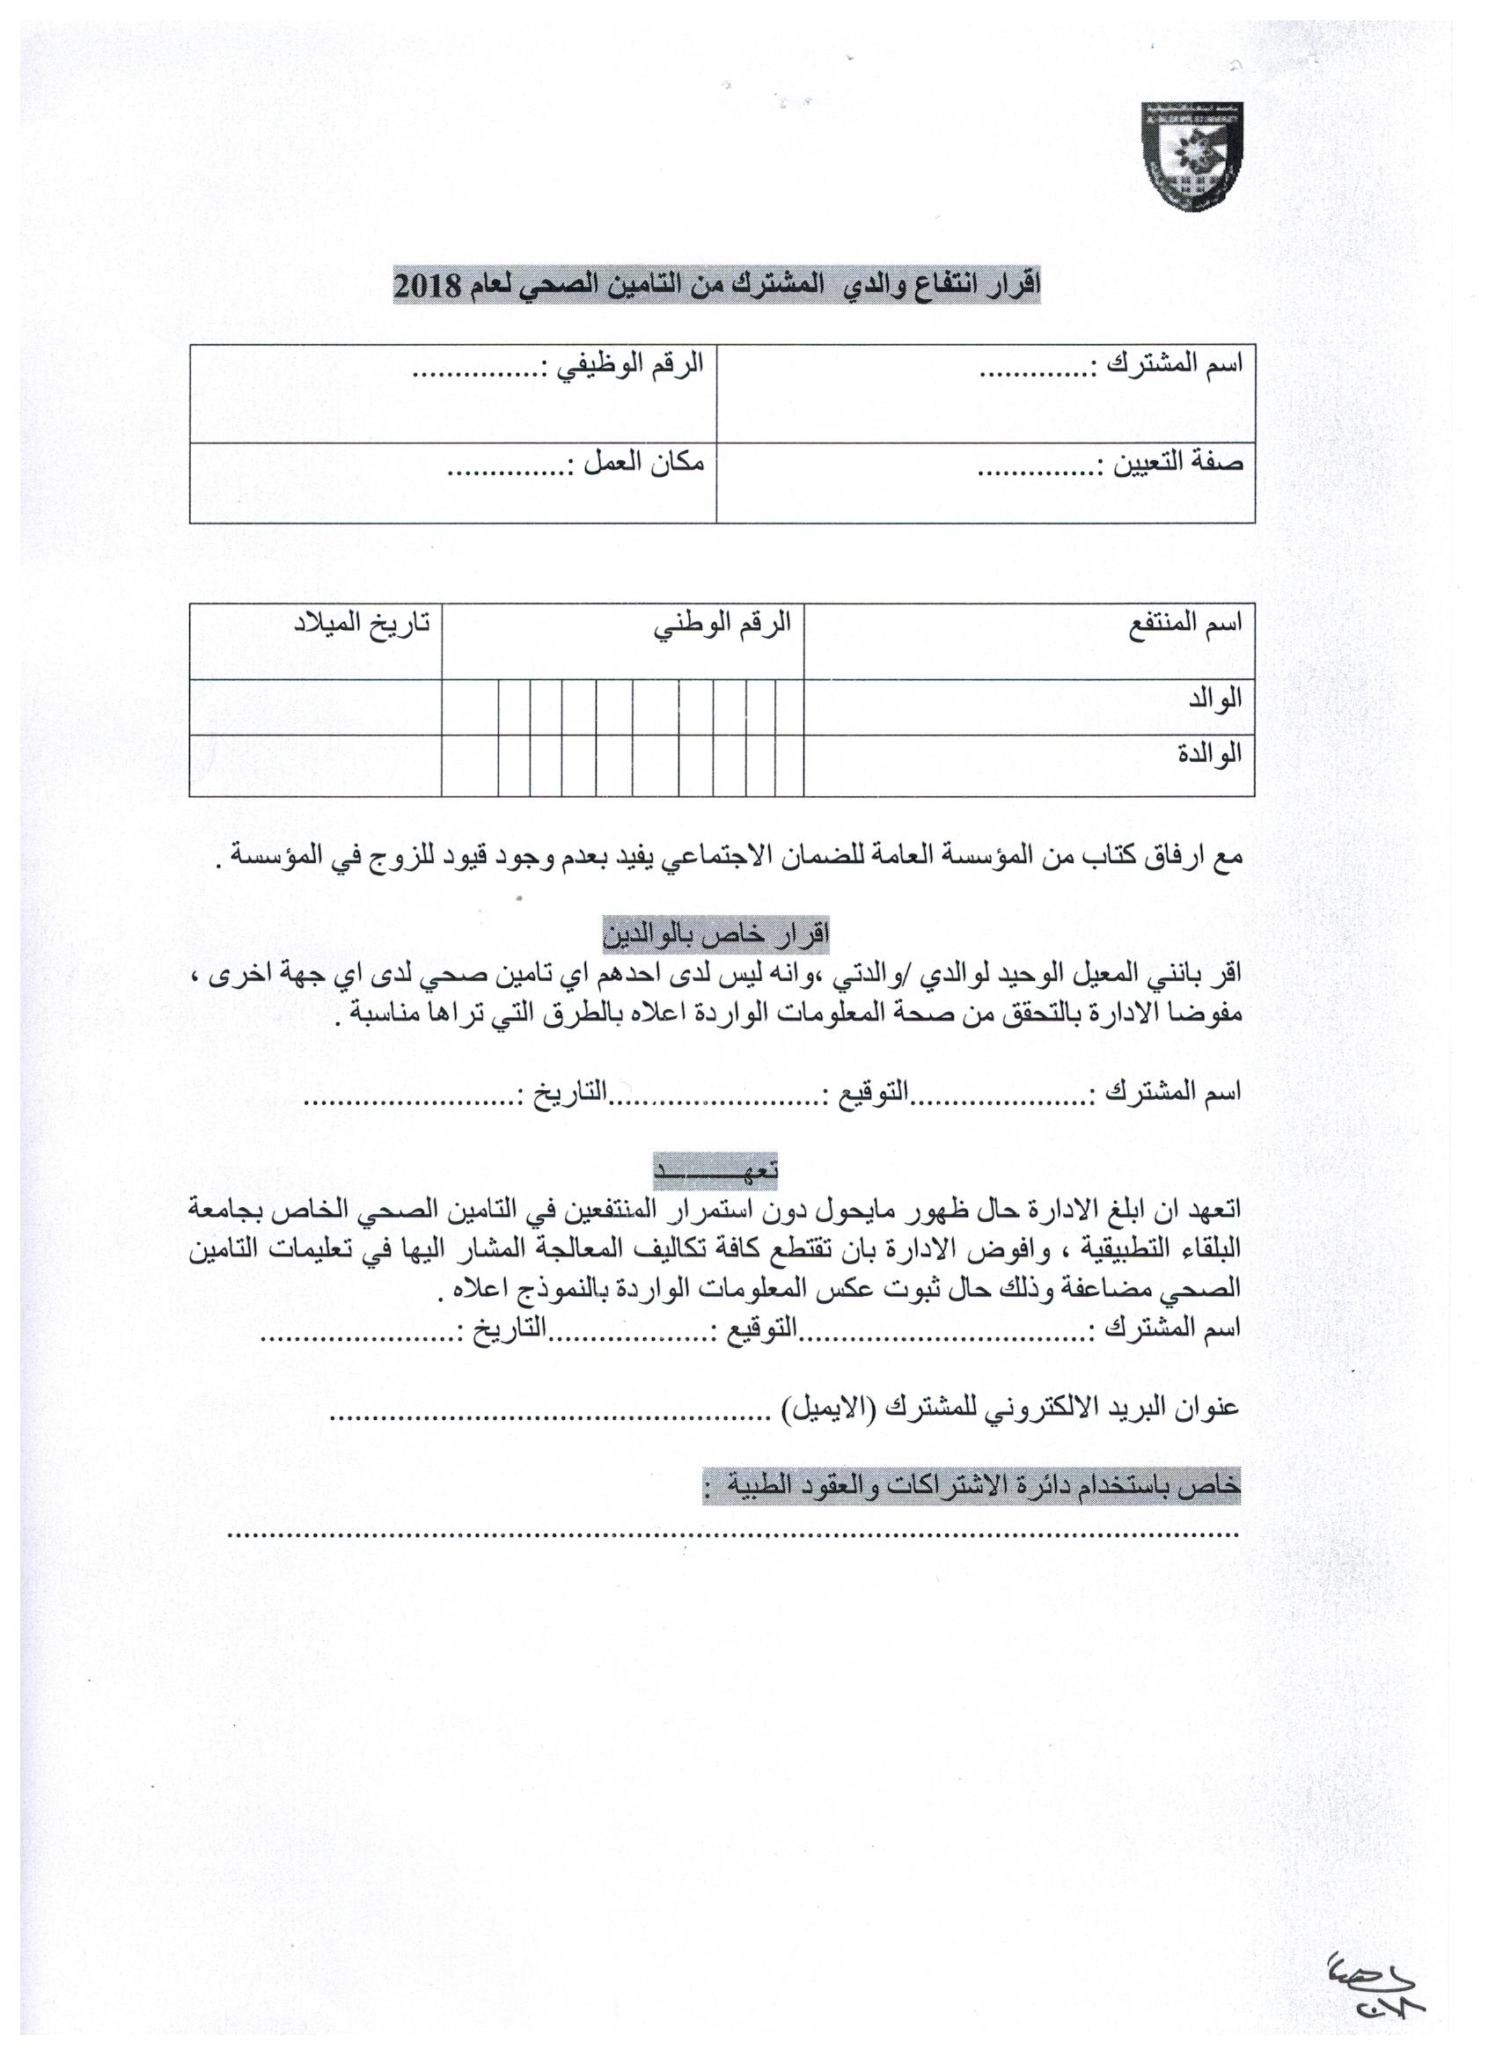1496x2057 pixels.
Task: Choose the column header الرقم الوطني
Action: click(x=724, y=625)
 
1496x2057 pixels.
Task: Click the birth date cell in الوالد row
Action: click(x=316, y=707)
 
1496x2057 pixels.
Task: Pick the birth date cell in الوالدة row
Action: click(x=316, y=765)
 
